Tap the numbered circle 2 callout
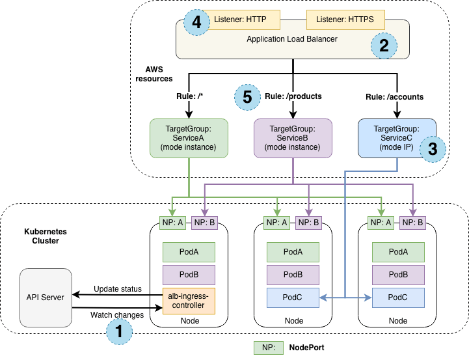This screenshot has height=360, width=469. click(384, 46)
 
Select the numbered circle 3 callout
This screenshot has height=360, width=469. click(433, 148)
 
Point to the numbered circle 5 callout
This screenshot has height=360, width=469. click(247, 97)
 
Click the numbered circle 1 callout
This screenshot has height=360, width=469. click(119, 331)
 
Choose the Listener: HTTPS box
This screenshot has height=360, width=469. click(342, 20)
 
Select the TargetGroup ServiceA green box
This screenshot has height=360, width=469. click(189, 137)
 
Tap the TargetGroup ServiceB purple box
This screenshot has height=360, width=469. click(293, 137)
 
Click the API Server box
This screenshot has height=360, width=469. click(46, 298)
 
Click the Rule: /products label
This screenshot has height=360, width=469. click(293, 97)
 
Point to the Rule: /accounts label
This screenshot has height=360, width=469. click(394, 97)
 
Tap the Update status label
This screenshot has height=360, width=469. click(118, 288)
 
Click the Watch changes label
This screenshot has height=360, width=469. click(117, 315)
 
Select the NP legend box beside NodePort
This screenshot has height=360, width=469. click(268, 348)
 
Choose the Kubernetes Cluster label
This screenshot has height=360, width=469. click(45, 236)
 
